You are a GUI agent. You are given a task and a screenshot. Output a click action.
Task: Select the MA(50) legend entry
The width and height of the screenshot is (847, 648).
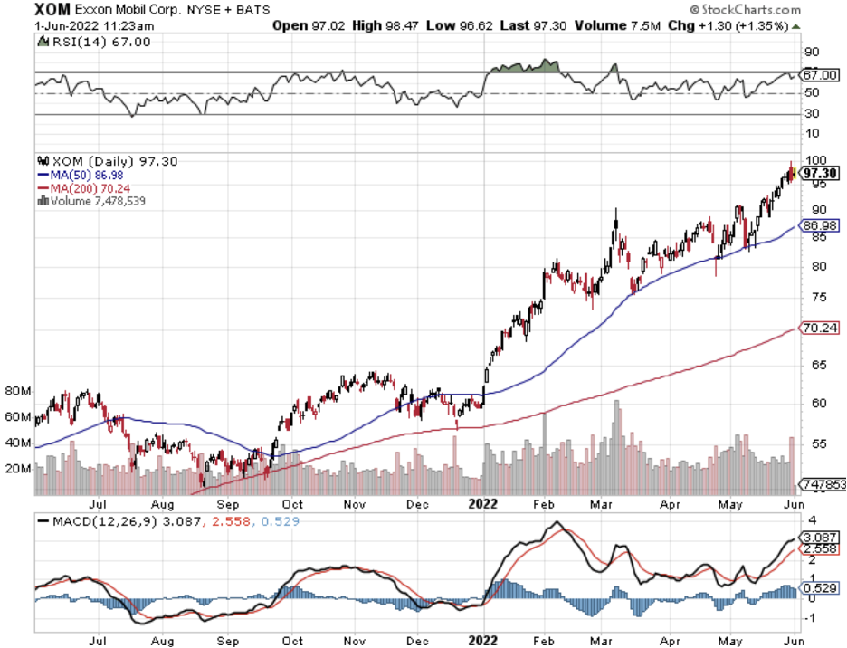point(81,174)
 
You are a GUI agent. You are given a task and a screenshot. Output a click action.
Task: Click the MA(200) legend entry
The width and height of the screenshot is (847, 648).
point(83,187)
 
